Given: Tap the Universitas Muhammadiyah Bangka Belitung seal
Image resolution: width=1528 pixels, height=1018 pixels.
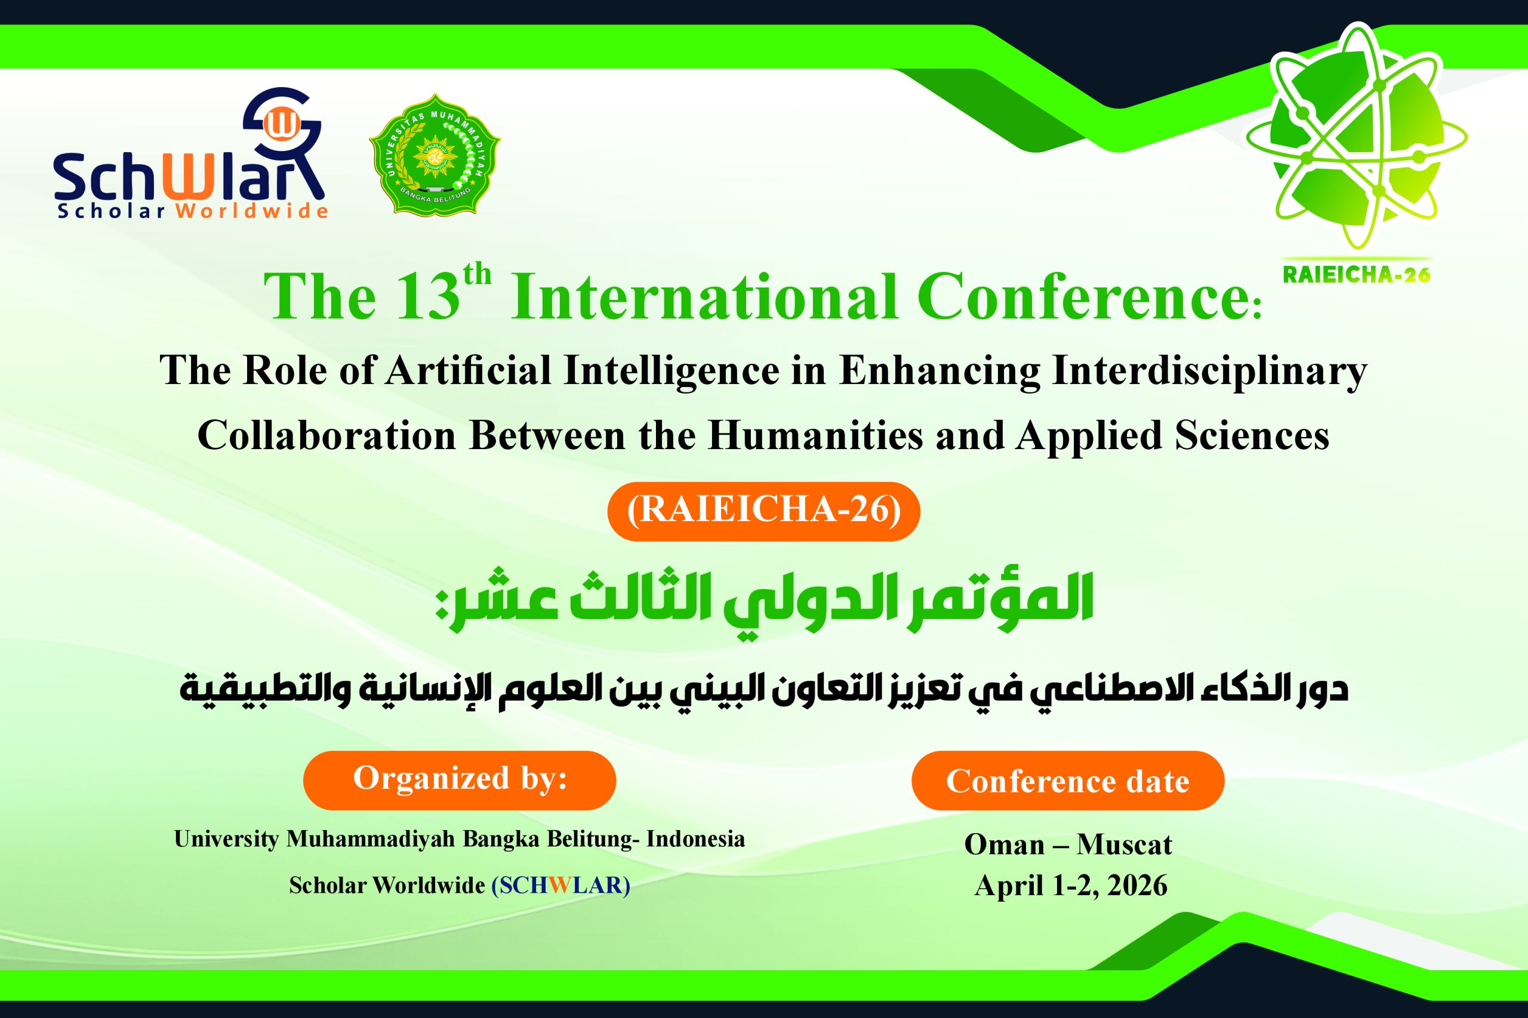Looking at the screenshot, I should (435, 154).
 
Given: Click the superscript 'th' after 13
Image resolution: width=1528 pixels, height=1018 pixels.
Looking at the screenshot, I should (478, 274).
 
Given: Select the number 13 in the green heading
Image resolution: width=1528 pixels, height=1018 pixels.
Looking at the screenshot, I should (427, 298).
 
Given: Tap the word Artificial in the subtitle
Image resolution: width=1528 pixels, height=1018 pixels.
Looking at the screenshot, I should (469, 371).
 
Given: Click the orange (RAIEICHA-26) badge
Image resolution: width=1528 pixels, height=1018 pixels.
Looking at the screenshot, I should (763, 511).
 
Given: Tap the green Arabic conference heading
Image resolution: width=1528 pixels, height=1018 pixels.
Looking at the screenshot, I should (764, 601).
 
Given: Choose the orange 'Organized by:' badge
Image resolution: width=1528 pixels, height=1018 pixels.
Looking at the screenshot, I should (460, 779).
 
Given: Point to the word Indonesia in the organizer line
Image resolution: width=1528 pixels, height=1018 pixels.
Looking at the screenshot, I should (695, 839).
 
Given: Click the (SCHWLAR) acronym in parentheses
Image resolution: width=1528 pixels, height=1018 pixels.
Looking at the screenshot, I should (560, 885).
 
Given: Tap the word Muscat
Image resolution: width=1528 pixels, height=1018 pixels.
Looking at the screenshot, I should (1124, 844).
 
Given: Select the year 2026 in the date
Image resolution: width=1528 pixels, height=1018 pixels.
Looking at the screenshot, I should (1137, 886).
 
